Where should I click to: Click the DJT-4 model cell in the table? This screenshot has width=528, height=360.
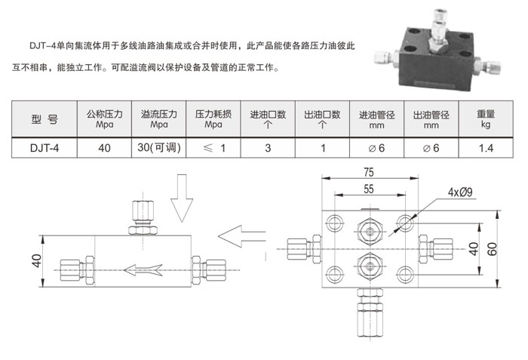coord(44,148)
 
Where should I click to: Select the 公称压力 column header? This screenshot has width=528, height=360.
coord(104,119)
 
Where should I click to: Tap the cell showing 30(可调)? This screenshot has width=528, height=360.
coord(159,148)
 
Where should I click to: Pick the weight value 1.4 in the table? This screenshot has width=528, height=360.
coord(486,148)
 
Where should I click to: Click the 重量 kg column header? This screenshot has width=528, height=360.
coord(486,119)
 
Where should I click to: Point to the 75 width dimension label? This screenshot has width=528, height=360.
coord(369,173)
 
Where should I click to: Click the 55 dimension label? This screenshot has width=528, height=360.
coord(369,189)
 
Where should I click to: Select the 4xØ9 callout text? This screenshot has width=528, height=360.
coord(460,192)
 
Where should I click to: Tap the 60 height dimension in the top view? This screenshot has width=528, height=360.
coord(492,249)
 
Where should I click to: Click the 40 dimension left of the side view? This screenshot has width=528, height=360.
coord(36,261)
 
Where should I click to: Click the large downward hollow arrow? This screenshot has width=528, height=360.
coord(182,198)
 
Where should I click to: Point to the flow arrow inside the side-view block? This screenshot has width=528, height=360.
coord(143,270)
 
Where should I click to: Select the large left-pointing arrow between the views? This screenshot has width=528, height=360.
coord(242,236)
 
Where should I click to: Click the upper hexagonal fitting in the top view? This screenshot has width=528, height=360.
coord(370,232)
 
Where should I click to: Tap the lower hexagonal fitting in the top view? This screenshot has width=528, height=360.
coord(370,266)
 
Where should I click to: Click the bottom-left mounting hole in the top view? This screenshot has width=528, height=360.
coord(335,274)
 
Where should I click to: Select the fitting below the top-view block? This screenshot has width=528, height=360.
coord(370,312)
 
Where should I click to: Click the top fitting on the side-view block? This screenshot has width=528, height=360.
coord(143,218)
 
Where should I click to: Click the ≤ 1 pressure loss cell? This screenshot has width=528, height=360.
coord(213,148)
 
